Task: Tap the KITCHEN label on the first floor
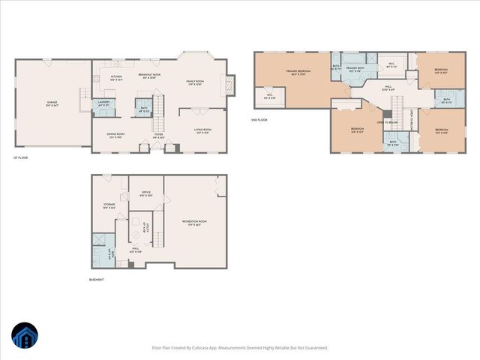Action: [x=116, y=76]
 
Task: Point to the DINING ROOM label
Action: [x=115, y=135]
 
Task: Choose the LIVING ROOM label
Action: [x=203, y=128]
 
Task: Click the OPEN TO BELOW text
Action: [x=386, y=121]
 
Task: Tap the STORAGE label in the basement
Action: [x=109, y=205]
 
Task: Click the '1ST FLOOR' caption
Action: [x=20, y=157]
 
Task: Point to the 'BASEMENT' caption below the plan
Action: [x=97, y=279]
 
